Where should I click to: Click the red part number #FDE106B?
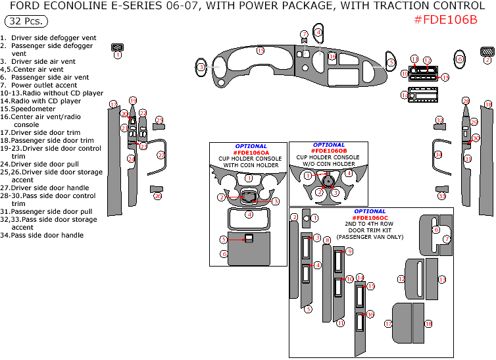(x=445, y=19)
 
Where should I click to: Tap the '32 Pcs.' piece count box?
(x=26, y=21)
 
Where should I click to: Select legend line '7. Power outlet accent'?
(x=39, y=85)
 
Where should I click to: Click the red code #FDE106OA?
(x=251, y=153)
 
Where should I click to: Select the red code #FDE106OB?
(x=328, y=151)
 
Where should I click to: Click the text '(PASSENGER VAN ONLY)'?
(x=370, y=236)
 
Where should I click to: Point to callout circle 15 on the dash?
(x=260, y=51)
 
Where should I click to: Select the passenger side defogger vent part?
(x=487, y=51)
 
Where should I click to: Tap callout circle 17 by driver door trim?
(x=113, y=105)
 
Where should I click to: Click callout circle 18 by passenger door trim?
(x=487, y=105)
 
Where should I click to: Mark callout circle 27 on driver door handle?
(x=161, y=155)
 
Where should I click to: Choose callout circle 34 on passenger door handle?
(x=438, y=154)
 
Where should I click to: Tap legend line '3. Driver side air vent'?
(x=38, y=61)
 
